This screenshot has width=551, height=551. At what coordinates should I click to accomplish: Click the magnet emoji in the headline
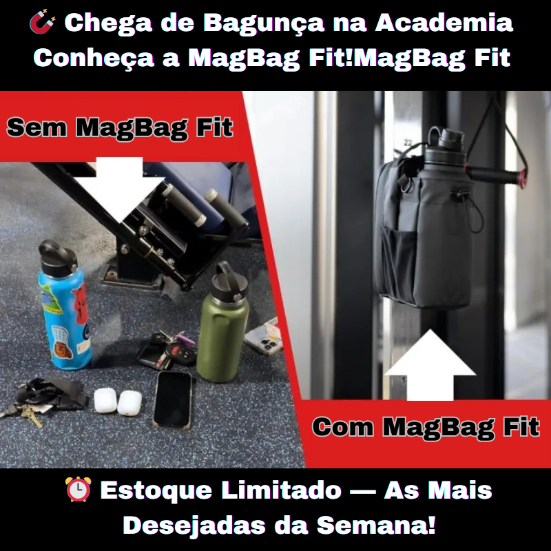(43, 23)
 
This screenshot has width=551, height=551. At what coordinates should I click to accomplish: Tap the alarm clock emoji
(78, 490)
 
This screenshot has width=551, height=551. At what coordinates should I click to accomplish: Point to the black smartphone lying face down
(171, 399)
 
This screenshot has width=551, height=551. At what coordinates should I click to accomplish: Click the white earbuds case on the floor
(116, 402)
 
